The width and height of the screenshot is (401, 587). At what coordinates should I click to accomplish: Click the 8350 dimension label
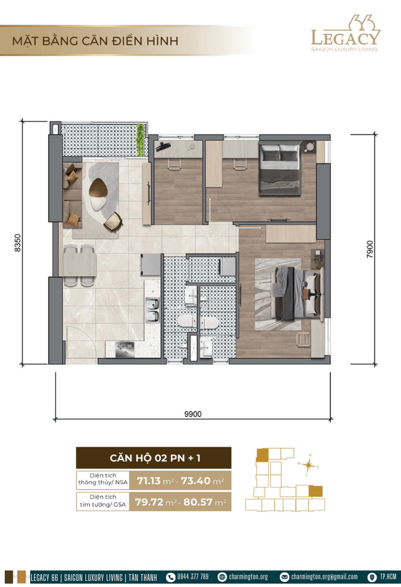coord(17,243)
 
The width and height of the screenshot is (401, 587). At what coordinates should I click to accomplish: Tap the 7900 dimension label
coord(370,249)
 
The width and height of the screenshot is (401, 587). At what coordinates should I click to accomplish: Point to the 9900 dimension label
coord(193,414)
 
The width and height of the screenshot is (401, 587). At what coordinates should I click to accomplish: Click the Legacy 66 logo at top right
coord(345,34)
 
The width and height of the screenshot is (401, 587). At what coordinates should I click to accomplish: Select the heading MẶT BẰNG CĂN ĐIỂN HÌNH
coord(95,41)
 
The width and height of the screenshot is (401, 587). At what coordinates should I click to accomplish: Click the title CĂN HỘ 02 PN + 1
coord(155,458)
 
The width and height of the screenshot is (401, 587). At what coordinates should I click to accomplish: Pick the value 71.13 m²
coord(155,481)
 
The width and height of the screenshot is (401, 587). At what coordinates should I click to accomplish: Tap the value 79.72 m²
coord(154,501)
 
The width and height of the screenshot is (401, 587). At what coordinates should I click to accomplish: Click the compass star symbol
coord(308,465)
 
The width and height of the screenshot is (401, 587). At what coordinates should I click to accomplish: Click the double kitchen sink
coord(152,310)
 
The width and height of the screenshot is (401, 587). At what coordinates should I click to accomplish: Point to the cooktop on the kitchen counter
coord(125,348)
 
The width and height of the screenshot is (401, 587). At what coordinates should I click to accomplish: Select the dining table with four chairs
coord(79,265)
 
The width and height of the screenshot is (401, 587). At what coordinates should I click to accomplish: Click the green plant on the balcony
coord(140,140)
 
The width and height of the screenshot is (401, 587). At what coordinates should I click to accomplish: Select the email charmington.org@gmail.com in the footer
coord(324,576)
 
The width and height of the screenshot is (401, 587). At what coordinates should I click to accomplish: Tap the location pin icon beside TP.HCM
coord(372,577)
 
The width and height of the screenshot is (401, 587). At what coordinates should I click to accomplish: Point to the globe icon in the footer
coord(222,577)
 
